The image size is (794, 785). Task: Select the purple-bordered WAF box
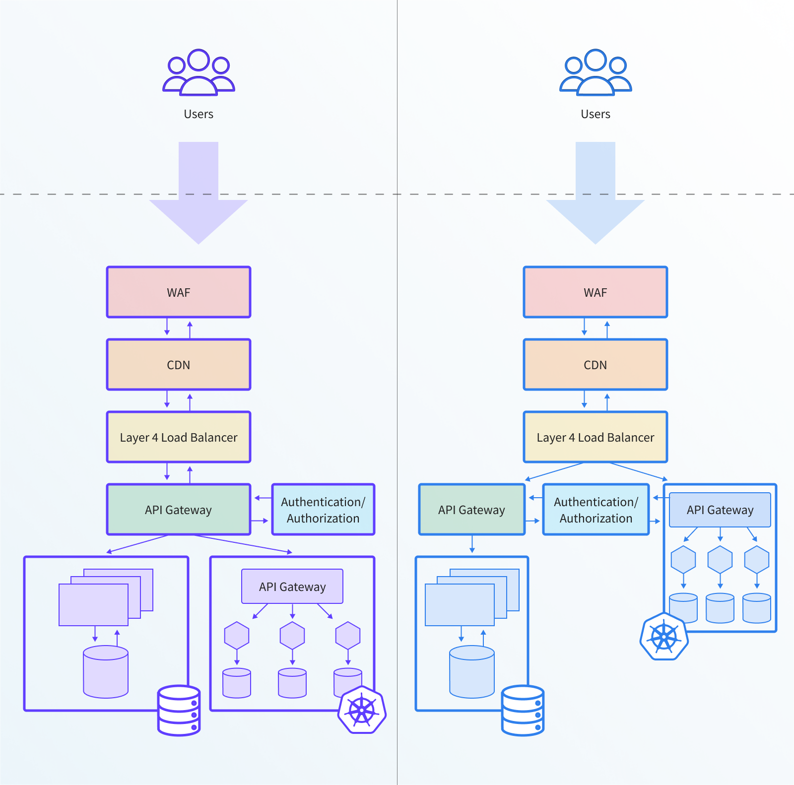point(179,292)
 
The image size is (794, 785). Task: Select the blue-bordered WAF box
point(595,292)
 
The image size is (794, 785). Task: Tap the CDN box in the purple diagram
point(179,365)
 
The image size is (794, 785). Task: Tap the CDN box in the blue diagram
point(595,365)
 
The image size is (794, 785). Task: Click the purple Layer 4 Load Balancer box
point(179,437)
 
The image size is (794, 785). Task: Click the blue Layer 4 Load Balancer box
point(595,437)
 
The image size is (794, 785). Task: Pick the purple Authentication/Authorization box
point(323,510)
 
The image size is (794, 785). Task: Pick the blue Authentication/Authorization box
point(596,510)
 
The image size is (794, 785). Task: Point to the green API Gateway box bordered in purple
point(179,510)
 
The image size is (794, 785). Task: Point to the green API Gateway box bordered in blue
point(471,510)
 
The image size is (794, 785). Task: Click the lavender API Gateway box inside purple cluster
point(292,587)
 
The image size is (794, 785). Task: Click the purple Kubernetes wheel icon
point(362,710)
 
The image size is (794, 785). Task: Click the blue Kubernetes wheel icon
point(664,637)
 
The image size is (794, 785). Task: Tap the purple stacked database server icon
point(179,710)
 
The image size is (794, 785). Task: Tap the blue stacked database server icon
point(523,710)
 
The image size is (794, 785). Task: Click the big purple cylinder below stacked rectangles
point(106,672)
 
